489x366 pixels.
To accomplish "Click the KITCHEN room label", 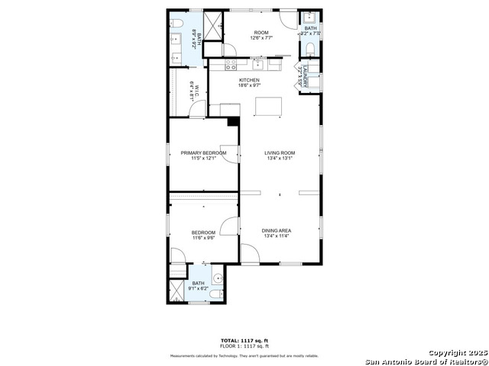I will point(249,80).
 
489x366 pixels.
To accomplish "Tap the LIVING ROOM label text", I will point(280,152).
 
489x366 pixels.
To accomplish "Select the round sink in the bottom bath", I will point(216,278).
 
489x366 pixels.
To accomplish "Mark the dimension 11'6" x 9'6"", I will point(203,238).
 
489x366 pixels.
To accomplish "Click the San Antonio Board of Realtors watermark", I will point(426,361).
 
